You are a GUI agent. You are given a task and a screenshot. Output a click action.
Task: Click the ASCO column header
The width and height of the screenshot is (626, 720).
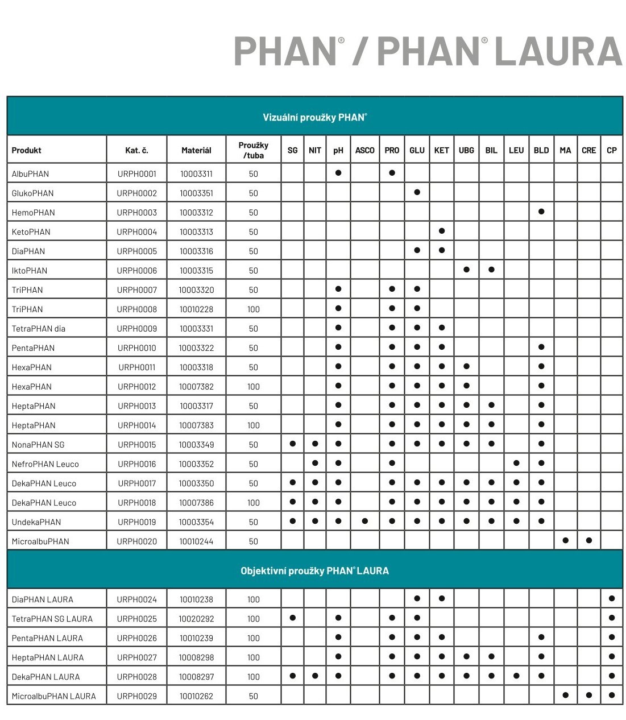click(364, 150)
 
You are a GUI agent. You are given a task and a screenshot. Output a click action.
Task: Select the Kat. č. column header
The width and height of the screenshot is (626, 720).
click(136, 150)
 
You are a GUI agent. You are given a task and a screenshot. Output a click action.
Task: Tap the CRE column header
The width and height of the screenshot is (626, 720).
click(588, 150)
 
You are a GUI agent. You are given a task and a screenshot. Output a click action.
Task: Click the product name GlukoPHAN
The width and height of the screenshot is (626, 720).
click(32, 193)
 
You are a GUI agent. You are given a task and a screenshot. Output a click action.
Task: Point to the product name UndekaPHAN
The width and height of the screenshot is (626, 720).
click(36, 522)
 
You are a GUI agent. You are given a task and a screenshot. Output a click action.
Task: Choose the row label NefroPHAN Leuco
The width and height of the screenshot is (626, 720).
click(45, 464)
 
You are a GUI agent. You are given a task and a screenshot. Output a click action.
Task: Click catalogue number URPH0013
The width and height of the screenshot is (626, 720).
click(136, 406)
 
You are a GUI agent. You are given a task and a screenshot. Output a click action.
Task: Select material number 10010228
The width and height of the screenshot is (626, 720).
click(196, 309)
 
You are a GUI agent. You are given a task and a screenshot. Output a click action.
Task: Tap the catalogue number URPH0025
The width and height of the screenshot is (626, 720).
click(136, 619)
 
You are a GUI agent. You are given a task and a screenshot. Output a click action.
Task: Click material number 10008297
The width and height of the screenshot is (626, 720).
click(196, 677)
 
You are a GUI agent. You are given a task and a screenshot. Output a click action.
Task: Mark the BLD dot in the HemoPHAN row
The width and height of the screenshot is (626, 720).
click(541, 212)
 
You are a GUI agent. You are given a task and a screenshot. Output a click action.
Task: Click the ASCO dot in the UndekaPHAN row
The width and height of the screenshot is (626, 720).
click(364, 521)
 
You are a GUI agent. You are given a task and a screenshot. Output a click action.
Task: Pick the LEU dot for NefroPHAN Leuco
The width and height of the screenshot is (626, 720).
click(516, 463)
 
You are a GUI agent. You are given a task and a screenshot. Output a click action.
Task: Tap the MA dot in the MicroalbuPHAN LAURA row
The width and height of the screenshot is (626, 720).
click(565, 695)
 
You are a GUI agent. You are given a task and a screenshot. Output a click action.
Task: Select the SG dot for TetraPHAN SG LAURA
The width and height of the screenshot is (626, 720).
click(293, 618)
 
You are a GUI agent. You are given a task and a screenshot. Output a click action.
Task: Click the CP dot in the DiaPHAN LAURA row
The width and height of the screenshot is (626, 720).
click(612, 598)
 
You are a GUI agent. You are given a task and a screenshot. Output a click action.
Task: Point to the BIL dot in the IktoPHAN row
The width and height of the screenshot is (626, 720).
click(491, 270)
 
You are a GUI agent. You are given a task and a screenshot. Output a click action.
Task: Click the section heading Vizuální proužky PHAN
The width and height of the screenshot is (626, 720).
click(314, 117)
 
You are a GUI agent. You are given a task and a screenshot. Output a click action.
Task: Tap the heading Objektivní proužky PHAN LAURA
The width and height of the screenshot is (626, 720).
click(314, 571)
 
